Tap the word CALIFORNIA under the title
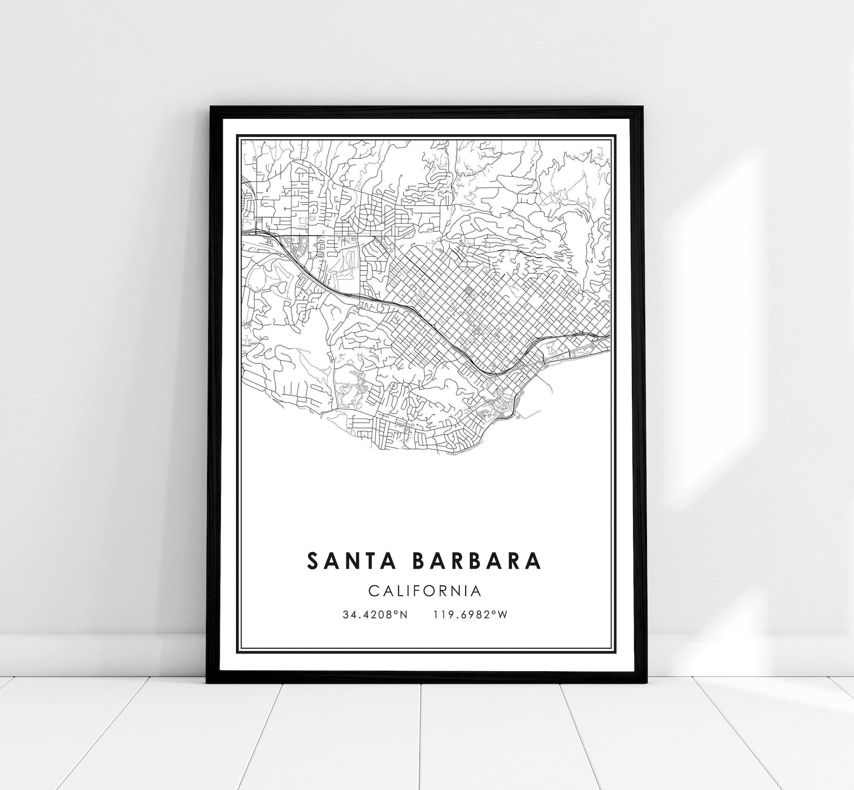(x=425, y=591)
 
